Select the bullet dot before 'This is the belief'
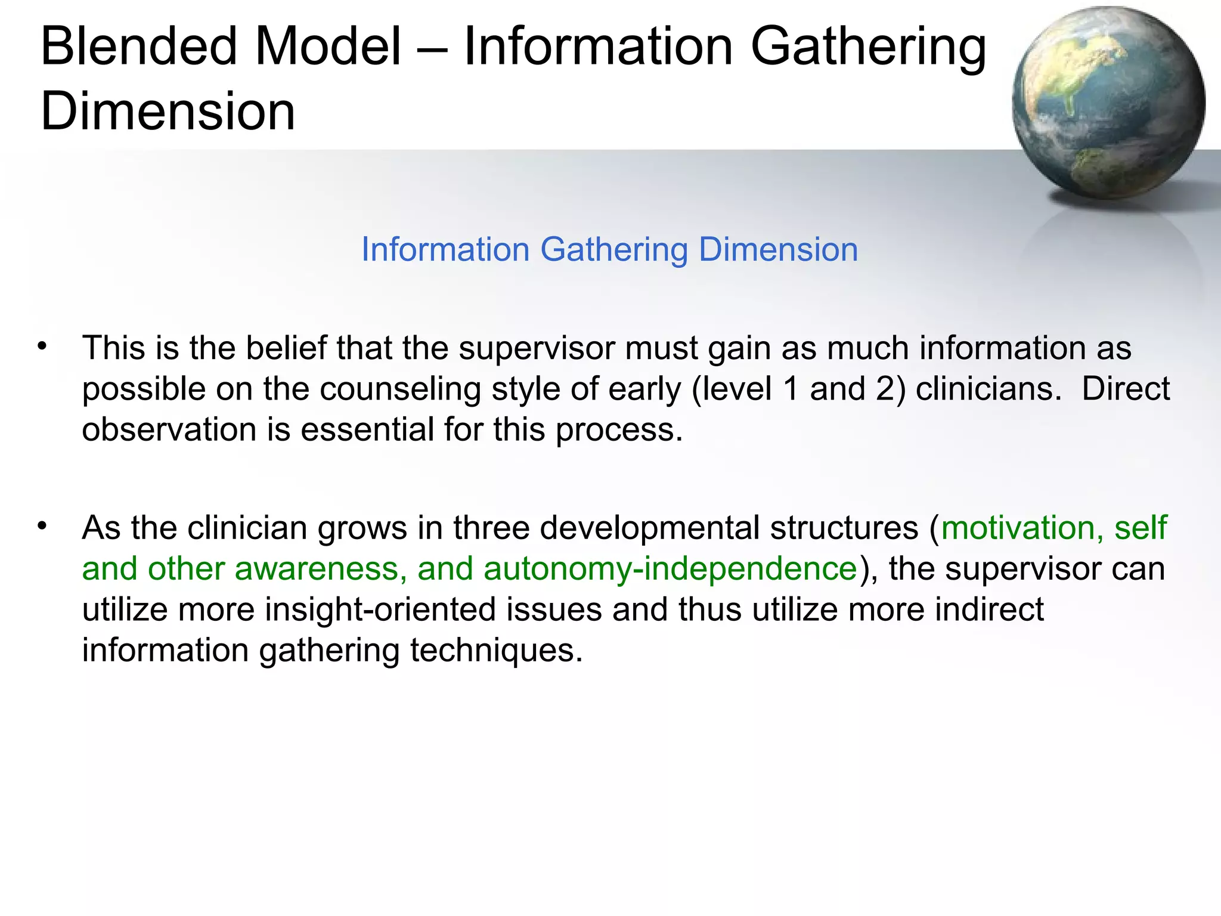(x=41, y=346)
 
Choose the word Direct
(x=1126, y=389)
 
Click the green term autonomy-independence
(x=670, y=569)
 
